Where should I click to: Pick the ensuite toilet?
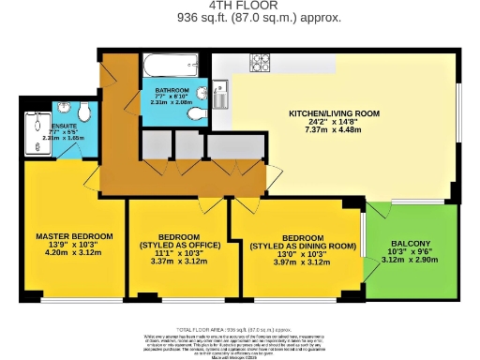pos(84,113)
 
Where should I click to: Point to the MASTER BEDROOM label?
pos(74,235)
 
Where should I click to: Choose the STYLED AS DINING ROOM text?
pos(304,246)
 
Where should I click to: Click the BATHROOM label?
pos(172,91)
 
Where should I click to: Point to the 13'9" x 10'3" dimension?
pos(74,244)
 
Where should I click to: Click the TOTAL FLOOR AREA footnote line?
pos(240,331)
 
